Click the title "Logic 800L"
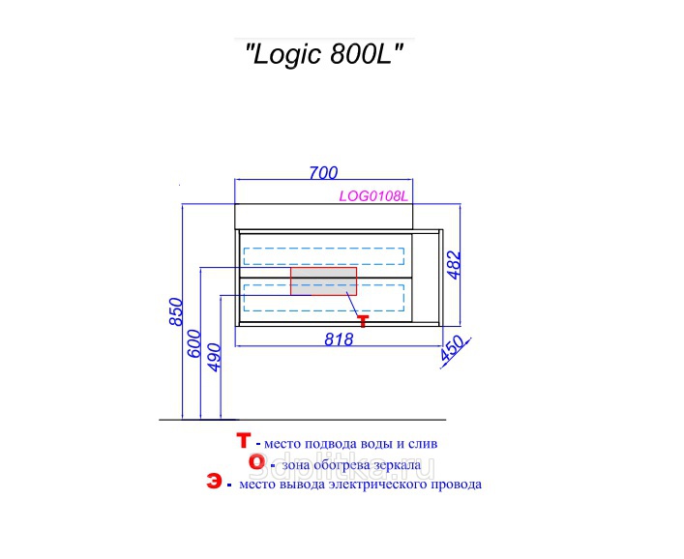tap(324, 55)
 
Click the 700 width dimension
tap(323, 173)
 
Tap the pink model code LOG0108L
tap(373, 196)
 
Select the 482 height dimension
tap(454, 264)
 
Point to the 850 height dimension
tap(176, 311)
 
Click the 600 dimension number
tap(194, 343)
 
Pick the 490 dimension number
tap(215, 358)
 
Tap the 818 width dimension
tap(339, 339)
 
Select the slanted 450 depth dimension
tap(454, 349)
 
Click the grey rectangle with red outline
tap(324, 281)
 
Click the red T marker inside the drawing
tap(363, 321)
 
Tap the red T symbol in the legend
tap(243, 440)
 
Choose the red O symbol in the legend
tap(256, 461)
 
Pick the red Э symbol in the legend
tap(214, 482)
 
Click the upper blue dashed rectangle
tap(324, 256)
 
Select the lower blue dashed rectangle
tap(324, 298)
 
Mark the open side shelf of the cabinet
tap(426, 278)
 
